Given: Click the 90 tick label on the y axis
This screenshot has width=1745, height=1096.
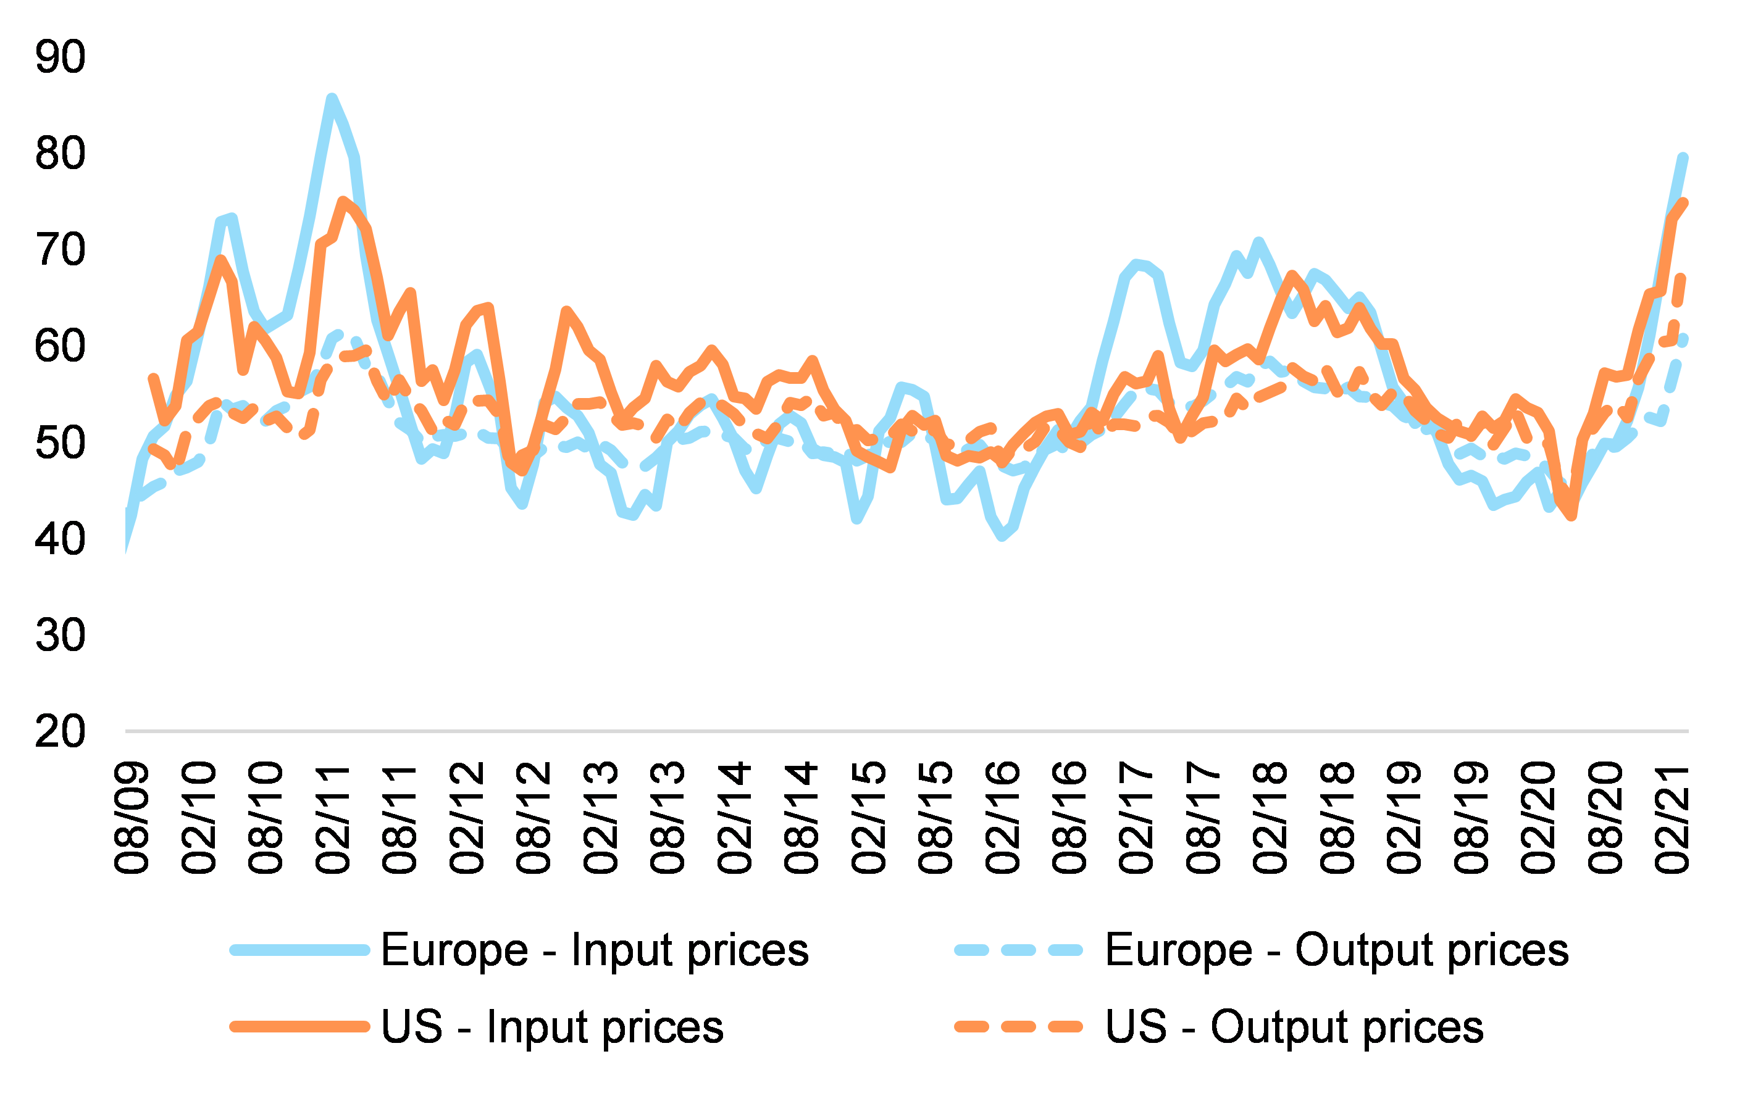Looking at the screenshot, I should coord(60,57).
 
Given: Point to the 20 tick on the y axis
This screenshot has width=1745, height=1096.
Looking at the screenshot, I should coord(60,732).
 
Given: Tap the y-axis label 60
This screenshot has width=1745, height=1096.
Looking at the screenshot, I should coord(60,346).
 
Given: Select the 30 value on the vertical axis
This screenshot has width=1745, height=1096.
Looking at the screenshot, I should coord(60,635).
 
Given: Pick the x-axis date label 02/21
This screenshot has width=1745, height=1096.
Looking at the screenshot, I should coord(1672,817).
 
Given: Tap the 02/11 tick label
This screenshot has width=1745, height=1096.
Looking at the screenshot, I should coord(333,817).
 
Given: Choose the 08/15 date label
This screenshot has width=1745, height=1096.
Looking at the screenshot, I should coord(935,817).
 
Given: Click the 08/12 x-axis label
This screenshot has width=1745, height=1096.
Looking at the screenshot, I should coord(534,817).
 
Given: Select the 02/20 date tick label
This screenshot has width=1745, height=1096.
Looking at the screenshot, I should coord(1538,817).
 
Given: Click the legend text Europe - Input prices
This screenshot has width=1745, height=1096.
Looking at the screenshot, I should coord(594,950).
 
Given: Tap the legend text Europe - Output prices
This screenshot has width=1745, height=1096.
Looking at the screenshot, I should coord(1336,950).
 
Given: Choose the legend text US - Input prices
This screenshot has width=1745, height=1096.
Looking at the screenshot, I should coord(552,1026).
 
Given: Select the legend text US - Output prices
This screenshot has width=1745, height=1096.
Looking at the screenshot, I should coord(1294,1026).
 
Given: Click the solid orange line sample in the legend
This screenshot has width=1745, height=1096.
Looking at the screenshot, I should coord(299,1026).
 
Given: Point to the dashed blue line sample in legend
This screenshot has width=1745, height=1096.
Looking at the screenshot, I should coord(1018,950).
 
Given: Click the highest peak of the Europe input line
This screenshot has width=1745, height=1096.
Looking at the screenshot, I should coord(331,99).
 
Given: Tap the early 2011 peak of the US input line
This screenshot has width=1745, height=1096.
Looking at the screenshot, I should coord(343,201).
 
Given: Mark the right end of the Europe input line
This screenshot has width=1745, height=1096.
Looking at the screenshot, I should coord(1683,157).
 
